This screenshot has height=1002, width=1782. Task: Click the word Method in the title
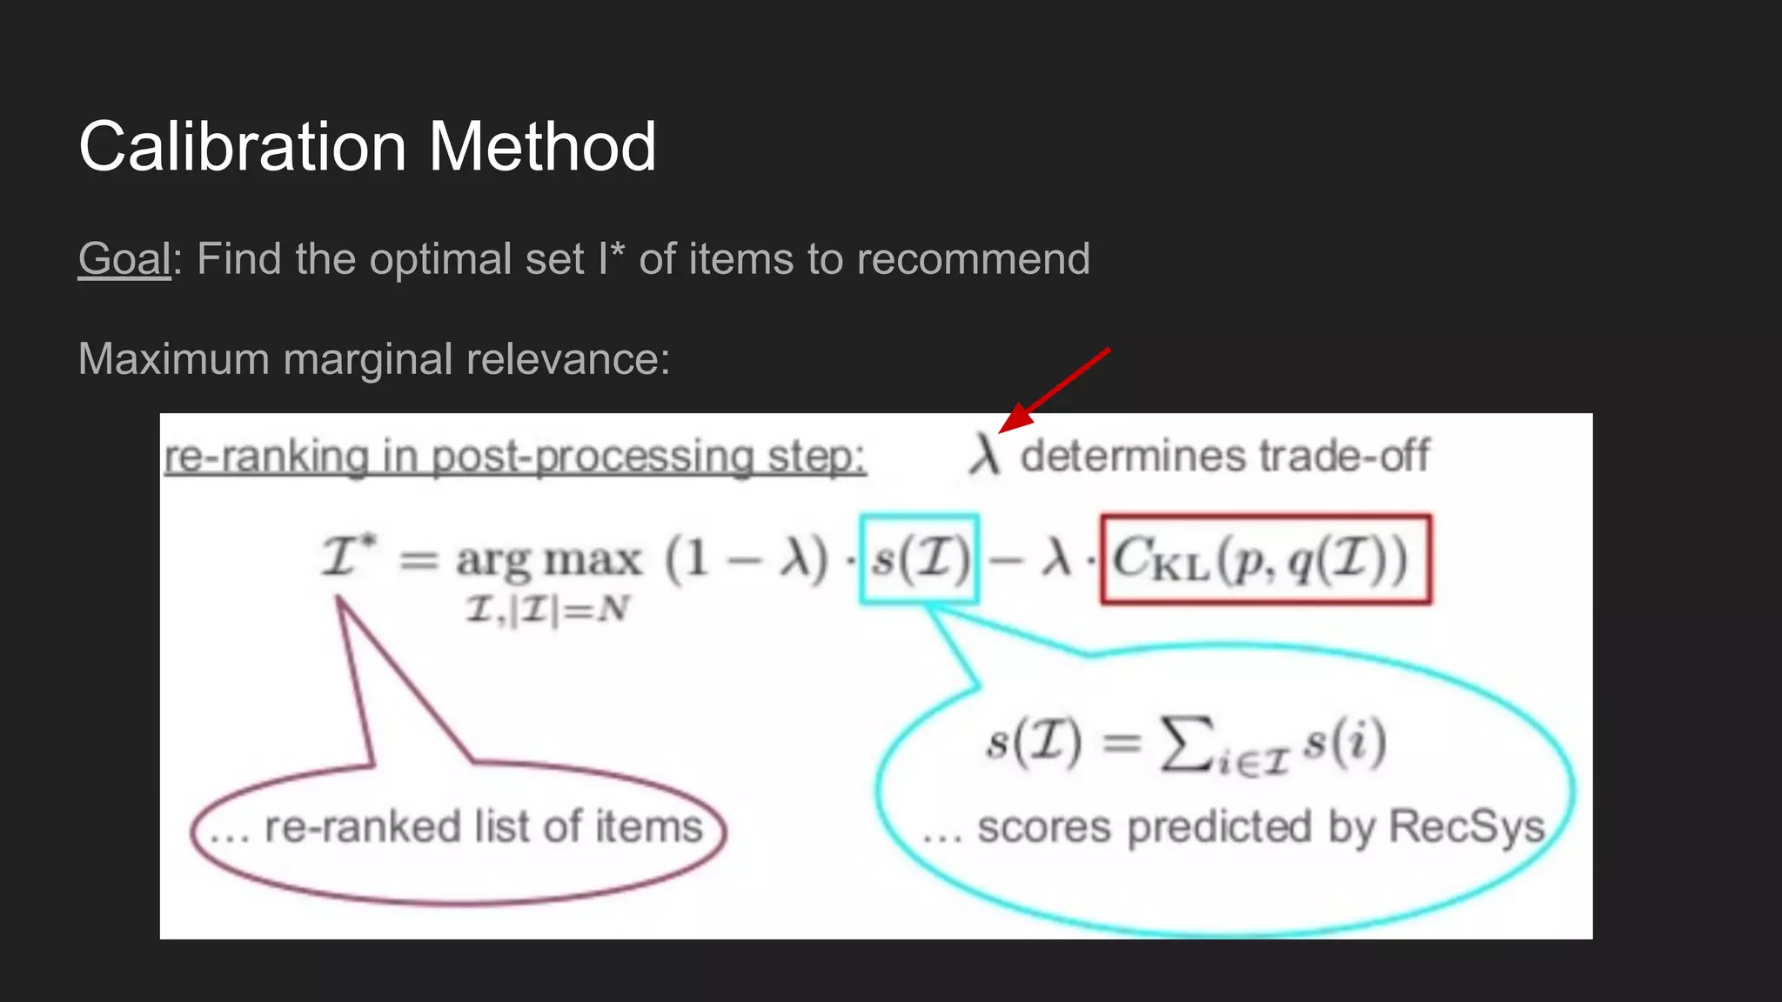point(542,147)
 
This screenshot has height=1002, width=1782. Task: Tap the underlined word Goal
point(124,259)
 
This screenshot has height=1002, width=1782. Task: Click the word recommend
point(973,259)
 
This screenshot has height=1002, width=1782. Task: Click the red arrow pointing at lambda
point(1054,389)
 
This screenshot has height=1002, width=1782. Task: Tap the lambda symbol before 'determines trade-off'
point(985,456)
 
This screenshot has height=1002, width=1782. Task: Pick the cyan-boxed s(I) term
point(920,558)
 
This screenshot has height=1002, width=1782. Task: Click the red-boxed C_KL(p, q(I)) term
point(1265,558)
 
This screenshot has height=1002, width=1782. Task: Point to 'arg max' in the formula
point(548,559)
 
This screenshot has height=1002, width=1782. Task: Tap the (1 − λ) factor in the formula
point(747,558)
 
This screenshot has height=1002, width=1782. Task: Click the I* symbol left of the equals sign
point(349,557)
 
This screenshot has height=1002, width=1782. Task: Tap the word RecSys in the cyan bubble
point(1466,826)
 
